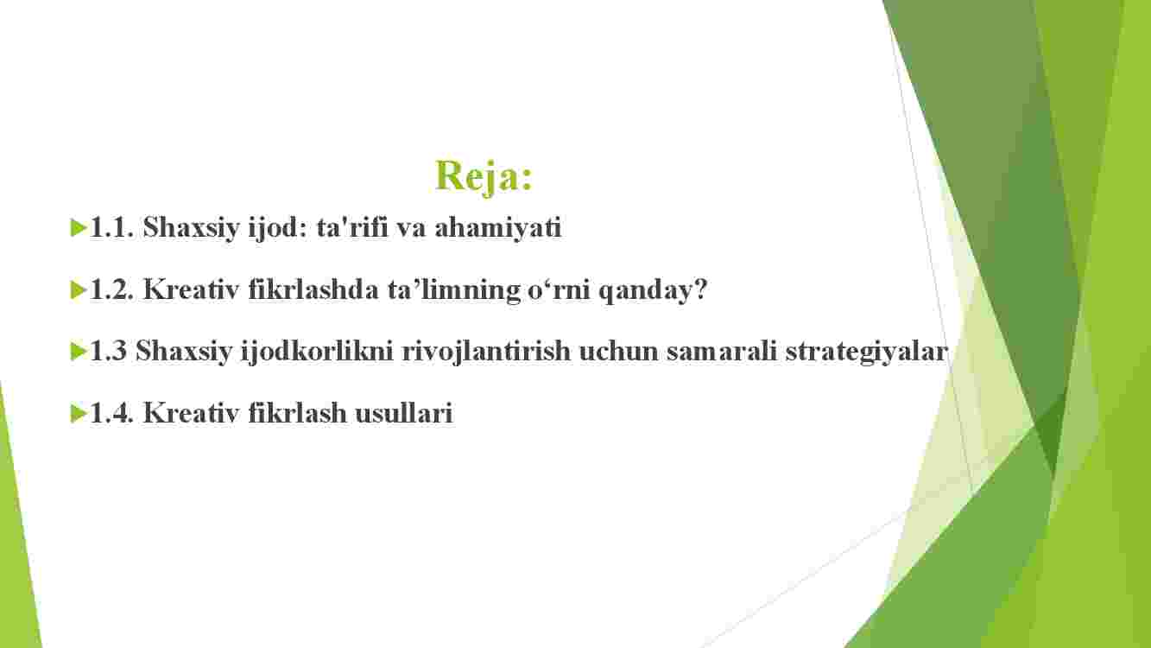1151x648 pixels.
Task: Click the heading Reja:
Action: coord(484,177)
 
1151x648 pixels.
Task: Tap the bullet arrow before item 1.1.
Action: coord(78,228)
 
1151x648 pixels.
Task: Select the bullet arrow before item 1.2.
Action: coord(78,290)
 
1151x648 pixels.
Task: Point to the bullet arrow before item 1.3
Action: coord(78,352)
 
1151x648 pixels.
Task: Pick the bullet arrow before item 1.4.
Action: coord(78,414)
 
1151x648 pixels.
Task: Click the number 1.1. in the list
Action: coord(112,228)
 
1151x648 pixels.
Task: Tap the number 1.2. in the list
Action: coord(112,289)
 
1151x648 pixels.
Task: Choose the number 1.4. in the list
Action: coord(112,413)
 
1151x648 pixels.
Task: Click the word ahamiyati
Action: coord(498,229)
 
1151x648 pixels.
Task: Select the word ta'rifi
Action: coord(352,228)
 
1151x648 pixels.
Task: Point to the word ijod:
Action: coord(277,229)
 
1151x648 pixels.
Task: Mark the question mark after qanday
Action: coord(699,289)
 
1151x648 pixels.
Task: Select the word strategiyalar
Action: coord(866,353)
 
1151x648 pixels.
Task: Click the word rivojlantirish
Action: coord(486,353)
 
